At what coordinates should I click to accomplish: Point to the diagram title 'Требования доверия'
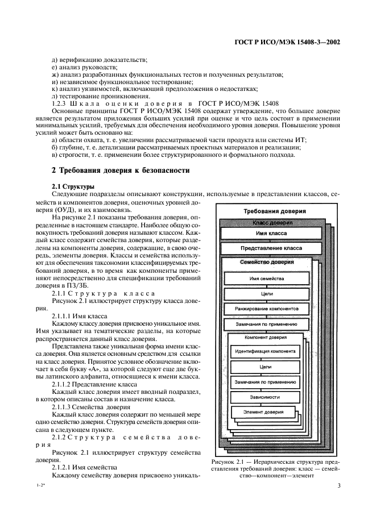(274, 211)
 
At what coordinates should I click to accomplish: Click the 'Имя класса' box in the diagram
(271, 233)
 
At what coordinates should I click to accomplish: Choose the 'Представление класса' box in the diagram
(271, 248)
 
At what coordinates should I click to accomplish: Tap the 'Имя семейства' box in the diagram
(266, 279)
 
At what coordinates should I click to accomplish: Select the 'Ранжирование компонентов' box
(266, 309)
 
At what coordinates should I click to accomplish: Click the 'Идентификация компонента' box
(265, 351)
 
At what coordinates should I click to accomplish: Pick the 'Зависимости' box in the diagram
(265, 397)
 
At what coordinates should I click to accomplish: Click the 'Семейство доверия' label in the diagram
(267, 263)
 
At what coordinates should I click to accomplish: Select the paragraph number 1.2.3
(60, 103)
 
